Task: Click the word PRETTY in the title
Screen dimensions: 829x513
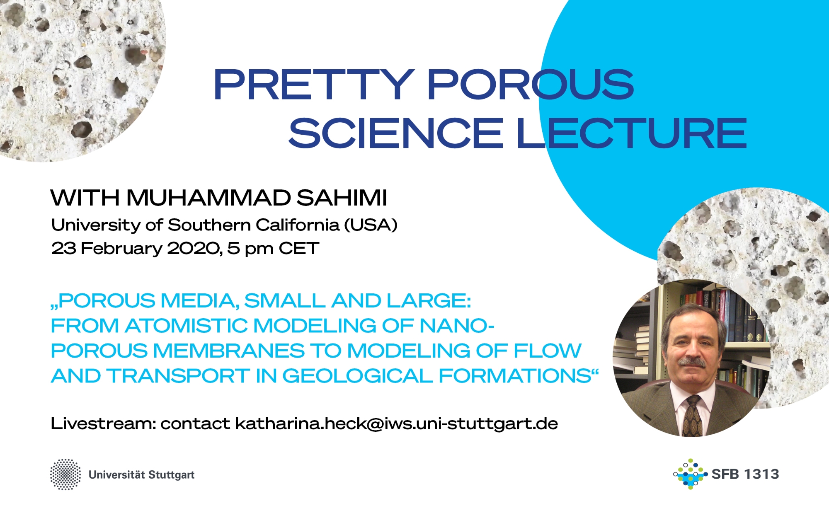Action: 314,85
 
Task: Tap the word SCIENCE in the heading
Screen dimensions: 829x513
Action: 396,133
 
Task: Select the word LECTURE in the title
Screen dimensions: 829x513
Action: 632,133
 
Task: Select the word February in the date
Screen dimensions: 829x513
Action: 121,249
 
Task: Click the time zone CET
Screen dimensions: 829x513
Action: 299,249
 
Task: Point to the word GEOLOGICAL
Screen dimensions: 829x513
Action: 357,376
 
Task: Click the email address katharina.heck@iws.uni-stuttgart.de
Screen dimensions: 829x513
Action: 396,424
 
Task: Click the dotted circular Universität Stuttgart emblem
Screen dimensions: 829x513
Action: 65,474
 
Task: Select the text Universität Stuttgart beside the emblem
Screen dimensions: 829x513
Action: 141,475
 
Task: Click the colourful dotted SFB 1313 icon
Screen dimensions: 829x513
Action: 690,474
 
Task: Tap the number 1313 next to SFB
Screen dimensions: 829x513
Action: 761,474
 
